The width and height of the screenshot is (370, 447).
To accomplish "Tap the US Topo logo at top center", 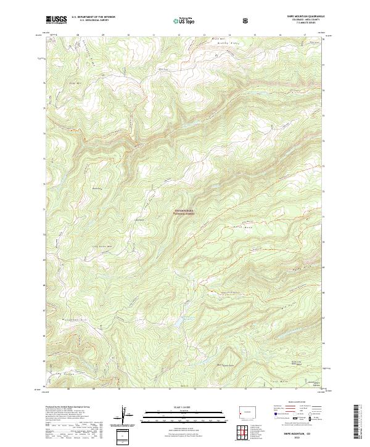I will pos(183,20).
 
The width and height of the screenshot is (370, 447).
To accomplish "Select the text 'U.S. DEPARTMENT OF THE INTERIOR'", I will pos(93,17).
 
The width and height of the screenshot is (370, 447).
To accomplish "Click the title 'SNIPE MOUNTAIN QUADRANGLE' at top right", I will pos(299,17).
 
